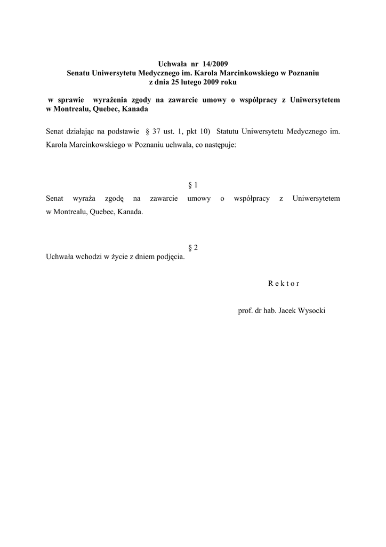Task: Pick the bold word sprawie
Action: click(x=66, y=100)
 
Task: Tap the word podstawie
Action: click(x=121, y=131)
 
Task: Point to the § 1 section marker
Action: click(x=193, y=185)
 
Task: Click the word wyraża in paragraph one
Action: click(x=83, y=199)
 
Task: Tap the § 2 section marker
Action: click(x=193, y=247)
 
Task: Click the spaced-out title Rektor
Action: click(x=284, y=284)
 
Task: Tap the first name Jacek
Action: click(x=282, y=310)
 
